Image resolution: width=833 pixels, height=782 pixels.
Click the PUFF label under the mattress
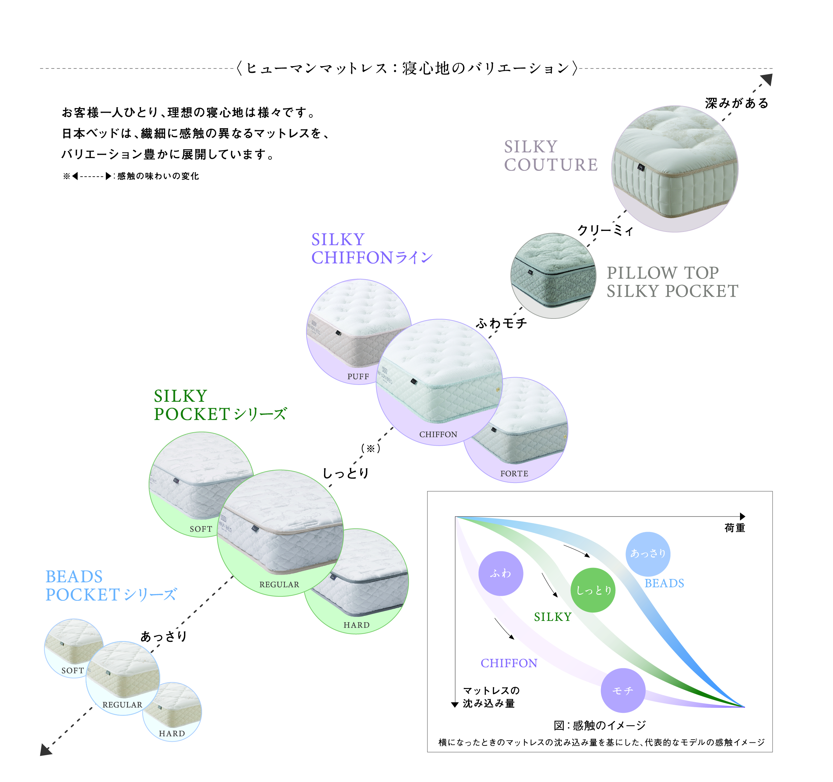click(358, 376)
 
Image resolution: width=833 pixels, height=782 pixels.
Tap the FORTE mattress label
click(514, 473)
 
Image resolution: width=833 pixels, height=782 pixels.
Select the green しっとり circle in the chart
click(593, 590)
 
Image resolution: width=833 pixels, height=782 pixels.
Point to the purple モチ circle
click(623, 690)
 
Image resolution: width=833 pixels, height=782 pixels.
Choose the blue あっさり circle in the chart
click(648, 553)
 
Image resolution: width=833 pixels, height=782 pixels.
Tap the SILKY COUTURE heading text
click(550, 155)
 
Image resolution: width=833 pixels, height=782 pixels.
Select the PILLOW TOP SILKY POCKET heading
click(672, 282)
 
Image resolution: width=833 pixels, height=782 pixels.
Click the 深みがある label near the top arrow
click(737, 103)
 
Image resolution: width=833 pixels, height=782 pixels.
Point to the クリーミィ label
click(605, 230)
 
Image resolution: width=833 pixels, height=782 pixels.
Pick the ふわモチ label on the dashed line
click(501, 323)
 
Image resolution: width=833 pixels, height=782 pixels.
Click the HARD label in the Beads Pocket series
click(172, 733)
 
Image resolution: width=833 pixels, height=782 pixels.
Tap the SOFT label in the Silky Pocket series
click(201, 529)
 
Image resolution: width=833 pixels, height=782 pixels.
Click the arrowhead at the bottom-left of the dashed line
click(45, 749)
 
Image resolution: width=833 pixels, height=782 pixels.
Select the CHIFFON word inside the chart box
click(509, 663)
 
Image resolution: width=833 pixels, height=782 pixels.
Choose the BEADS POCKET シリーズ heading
click(111, 586)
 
